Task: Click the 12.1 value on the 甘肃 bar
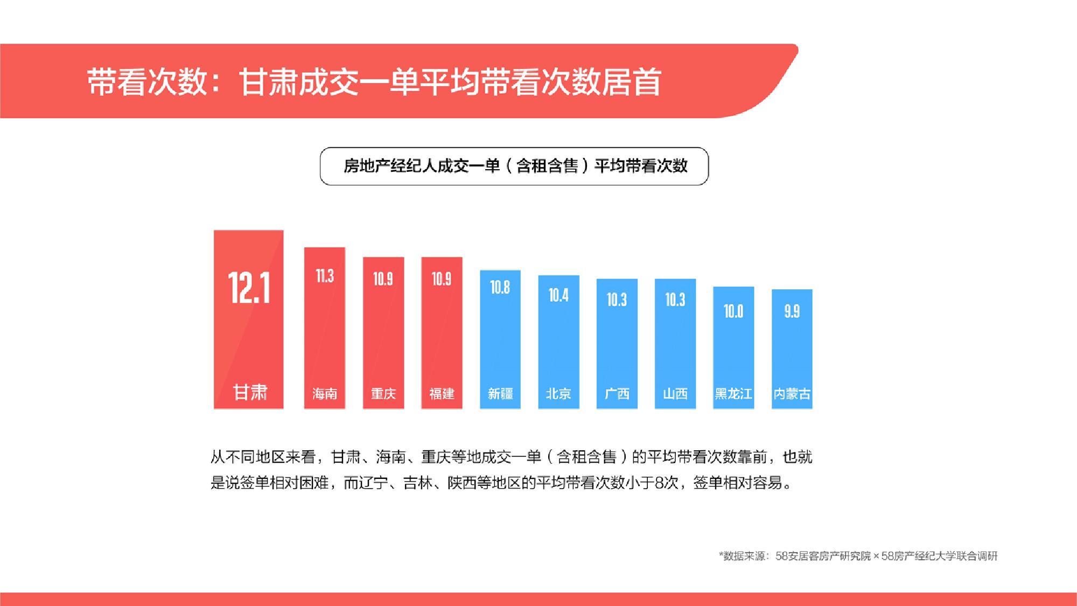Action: click(249, 288)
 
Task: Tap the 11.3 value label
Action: click(325, 276)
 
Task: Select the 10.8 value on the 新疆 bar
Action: click(500, 287)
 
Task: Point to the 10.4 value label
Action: click(558, 295)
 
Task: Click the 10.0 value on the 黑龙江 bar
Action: click(733, 311)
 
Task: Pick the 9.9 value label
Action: click(792, 311)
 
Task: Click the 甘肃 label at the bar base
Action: click(250, 392)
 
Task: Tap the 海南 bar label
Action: click(325, 394)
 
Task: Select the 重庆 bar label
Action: click(383, 394)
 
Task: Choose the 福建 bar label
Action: click(442, 394)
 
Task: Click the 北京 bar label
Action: click(558, 394)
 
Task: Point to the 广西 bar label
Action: click(617, 394)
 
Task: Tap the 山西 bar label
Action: click(675, 394)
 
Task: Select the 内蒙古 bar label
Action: click(792, 394)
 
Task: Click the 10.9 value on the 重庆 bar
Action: click(383, 278)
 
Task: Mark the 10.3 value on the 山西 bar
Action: click(675, 299)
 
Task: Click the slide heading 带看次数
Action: click(147, 82)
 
